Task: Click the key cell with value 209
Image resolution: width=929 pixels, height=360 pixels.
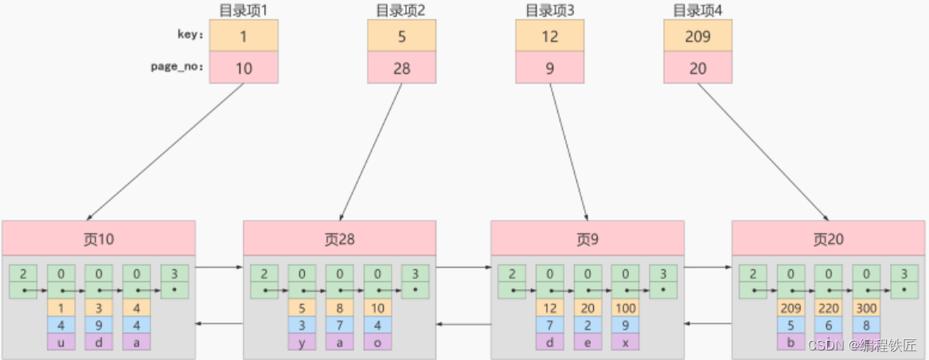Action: [x=697, y=37]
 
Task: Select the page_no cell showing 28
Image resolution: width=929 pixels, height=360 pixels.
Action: [x=401, y=68]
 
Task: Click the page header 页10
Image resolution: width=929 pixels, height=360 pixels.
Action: [x=99, y=239]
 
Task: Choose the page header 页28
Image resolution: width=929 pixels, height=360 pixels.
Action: [x=340, y=239]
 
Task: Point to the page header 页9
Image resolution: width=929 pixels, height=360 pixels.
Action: [x=587, y=239]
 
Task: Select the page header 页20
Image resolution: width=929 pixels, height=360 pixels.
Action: [x=829, y=239]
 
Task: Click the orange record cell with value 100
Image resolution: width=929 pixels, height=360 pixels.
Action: [x=625, y=307]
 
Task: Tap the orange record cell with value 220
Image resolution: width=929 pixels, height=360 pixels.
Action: [x=828, y=307]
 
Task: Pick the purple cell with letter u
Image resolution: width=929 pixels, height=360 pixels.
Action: [x=61, y=342]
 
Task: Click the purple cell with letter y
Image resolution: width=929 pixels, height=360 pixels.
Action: [x=303, y=342]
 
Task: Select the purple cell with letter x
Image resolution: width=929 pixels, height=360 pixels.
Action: [x=625, y=342]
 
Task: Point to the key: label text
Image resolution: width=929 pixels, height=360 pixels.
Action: [x=190, y=35]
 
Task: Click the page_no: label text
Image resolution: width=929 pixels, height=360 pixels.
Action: [x=178, y=67]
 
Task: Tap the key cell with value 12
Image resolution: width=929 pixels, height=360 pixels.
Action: [x=549, y=37]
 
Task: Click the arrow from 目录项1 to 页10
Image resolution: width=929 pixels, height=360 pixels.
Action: [x=165, y=151]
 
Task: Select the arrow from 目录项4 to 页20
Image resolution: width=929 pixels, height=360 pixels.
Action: [x=762, y=151]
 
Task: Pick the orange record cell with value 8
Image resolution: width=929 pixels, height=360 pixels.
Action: [x=340, y=307]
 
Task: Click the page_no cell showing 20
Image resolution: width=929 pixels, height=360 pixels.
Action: [x=697, y=68]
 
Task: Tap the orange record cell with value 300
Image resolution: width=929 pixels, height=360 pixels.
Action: [x=866, y=307]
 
